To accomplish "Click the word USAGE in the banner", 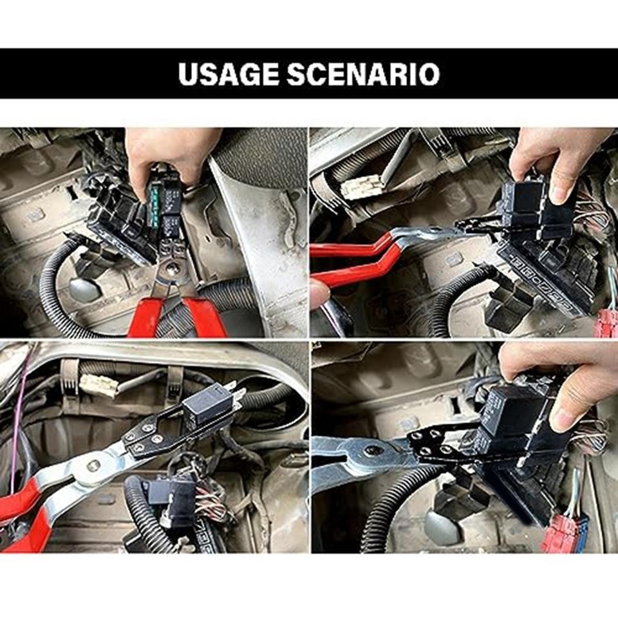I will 229,74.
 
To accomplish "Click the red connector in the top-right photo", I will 606,323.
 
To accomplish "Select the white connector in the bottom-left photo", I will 98,385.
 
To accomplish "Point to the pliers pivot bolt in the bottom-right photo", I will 373,450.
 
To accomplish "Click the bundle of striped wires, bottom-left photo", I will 212,505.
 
